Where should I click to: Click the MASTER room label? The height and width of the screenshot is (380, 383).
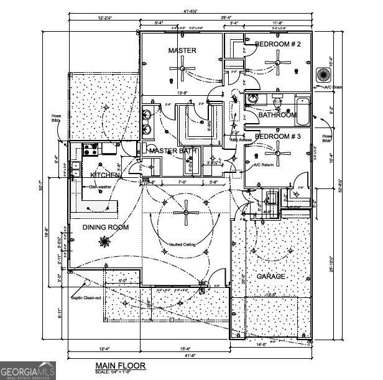(x=182, y=50)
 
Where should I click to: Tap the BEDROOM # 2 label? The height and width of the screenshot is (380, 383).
(x=278, y=44)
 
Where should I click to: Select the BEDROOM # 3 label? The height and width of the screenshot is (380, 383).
(x=278, y=136)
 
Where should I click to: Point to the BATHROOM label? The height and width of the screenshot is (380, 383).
(x=277, y=115)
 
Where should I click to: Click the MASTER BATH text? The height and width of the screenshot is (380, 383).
(x=172, y=151)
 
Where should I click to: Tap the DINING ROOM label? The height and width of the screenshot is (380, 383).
(x=106, y=228)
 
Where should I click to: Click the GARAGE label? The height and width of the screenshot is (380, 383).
(x=270, y=276)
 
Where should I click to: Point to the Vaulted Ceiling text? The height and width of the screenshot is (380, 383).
(x=182, y=244)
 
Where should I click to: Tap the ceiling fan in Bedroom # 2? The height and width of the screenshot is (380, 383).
(x=277, y=62)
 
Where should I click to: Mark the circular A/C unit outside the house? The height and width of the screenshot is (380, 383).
(x=324, y=75)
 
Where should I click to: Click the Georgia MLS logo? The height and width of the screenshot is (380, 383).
(x=28, y=369)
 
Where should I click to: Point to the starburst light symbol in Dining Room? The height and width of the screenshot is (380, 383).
(x=104, y=245)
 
